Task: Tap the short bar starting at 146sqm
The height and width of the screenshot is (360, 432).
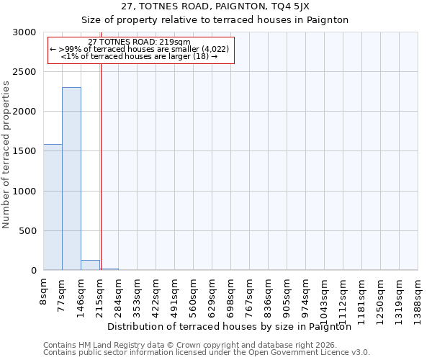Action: click(90, 265)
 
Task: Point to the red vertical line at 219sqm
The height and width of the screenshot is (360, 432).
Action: click(101, 158)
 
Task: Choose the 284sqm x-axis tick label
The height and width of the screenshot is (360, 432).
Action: click(119, 294)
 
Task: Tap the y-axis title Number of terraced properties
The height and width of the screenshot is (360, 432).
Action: click(6, 155)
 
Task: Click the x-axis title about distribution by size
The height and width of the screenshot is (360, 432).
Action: click(233, 326)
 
